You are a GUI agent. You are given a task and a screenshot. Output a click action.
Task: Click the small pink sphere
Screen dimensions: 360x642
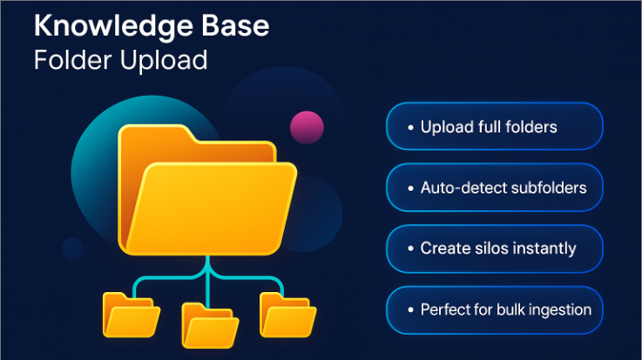pyautogui.click(x=307, y=127)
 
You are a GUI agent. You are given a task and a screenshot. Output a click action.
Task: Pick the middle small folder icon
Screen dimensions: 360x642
pyautogui.click(x=210, y=324)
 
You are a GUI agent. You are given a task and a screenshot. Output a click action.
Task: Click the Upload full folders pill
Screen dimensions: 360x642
pyautogui.click(x=494, y=127)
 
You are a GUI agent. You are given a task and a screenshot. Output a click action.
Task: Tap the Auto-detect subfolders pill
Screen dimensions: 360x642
pyautogui.click(x=494, y=187)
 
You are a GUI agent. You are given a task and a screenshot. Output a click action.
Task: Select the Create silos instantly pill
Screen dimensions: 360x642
pyautogui.click(x=494, y=248)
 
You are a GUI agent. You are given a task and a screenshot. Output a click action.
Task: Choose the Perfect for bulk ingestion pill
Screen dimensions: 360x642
pyautogui.click(x=494, y=309)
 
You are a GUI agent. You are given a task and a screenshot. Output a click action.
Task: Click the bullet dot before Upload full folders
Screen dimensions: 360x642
pyautogui.click(x=410, y=128)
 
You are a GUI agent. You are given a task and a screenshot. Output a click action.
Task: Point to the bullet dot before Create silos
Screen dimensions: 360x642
pyautogui.click(x=410, y=249)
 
